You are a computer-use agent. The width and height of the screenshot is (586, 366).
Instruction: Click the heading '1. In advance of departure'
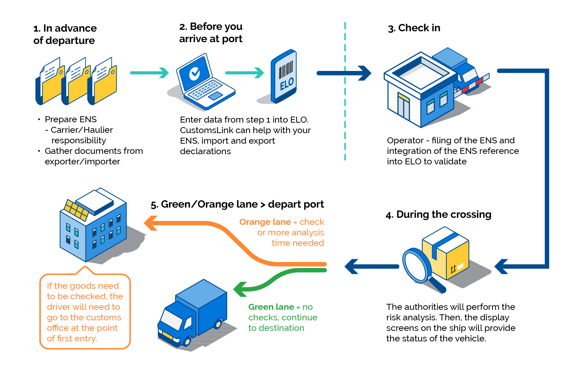point(65,34)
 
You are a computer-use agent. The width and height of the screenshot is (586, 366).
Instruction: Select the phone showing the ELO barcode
point(284,76)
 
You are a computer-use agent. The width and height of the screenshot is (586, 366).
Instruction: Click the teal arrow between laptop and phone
point(245,73)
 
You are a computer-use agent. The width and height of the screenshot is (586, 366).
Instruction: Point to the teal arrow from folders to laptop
point(149,73)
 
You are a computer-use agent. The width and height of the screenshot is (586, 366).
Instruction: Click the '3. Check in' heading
point(414,28)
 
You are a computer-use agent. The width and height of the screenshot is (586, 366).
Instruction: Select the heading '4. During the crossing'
point(438,215)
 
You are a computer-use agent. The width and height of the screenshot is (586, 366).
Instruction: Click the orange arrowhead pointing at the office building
point(151,223)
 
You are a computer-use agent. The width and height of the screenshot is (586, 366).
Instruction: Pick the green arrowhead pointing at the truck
point(240,289)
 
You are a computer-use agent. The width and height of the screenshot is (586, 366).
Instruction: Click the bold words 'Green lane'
point(271,307)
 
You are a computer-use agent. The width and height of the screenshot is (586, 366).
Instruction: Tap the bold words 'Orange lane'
point(265,222)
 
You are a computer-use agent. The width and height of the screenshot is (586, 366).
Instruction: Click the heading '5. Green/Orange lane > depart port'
point(237,204)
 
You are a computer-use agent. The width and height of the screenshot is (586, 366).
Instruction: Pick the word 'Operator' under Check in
point(405,140)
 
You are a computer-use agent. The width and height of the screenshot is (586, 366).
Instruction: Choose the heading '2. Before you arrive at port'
point(211,33)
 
